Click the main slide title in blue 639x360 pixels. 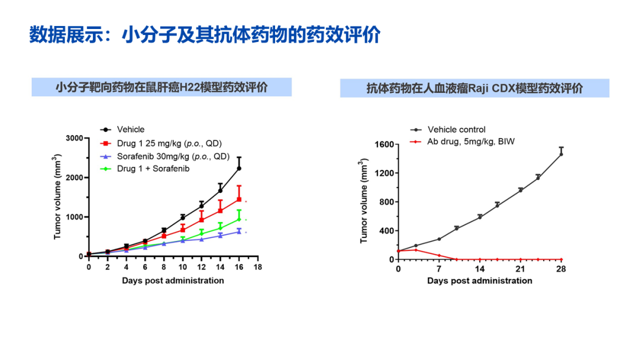coord(205,35)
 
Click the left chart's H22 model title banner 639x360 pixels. coord(162,87)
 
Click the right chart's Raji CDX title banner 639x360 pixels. coord(474,89)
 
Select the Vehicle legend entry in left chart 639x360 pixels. coord(130,130)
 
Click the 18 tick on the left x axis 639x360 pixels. coord(257,268)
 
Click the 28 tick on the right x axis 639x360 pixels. coord(561,270)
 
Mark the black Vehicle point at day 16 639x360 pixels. coord(239,168)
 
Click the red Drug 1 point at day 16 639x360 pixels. coord(239,199)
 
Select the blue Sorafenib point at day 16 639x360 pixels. coord(239,232)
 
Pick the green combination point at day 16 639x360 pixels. coord(239,219)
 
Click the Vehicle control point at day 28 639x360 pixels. coord(561,154)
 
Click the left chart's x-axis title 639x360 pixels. coord(173,280)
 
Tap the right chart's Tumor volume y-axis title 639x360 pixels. coord(364,202)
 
